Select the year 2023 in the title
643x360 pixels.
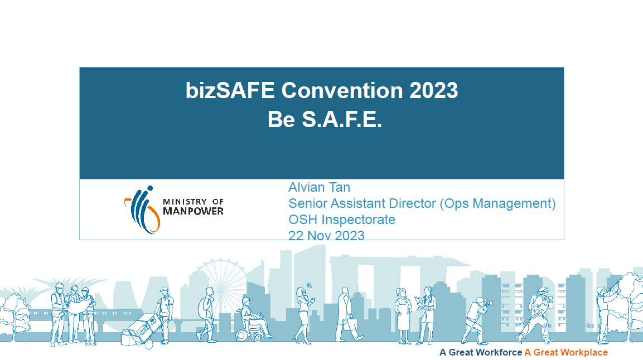point(433,90)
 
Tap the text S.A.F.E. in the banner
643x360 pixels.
point(342,120)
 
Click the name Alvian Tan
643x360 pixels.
point(319,187)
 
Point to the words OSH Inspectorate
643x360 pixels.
point(342,220)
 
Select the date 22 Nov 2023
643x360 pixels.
point(326,235)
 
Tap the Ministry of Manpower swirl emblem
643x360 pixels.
point(142,210)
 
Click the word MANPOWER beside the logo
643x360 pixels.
point(193,211)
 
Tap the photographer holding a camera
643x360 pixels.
point(477,322)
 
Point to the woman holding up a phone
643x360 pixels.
point(304,314)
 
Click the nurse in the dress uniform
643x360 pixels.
point(403,316)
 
